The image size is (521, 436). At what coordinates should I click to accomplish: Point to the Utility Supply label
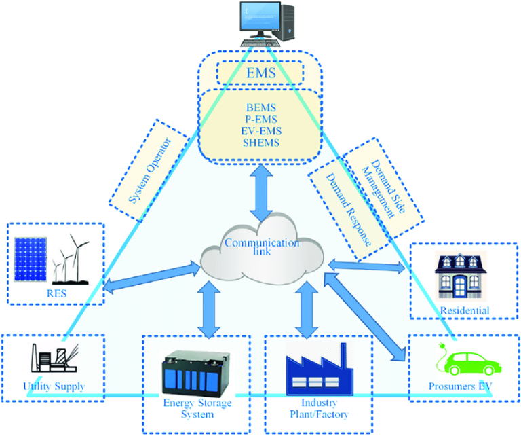click(54, 386)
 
